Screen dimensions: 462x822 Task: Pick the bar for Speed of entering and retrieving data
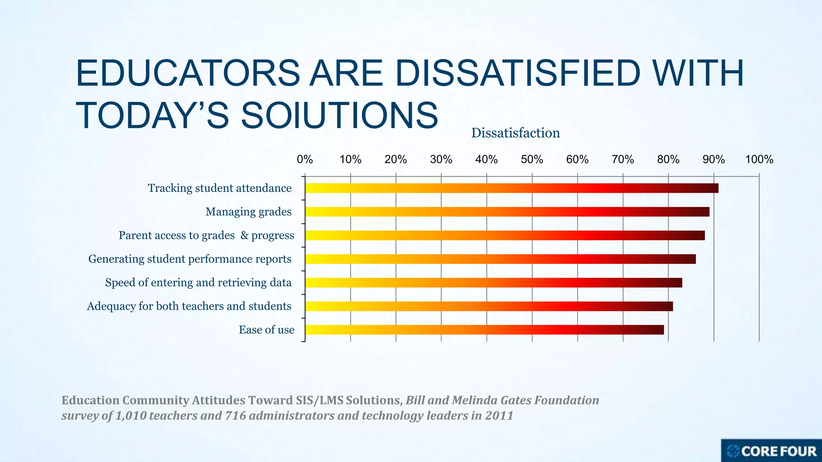coord(493,283)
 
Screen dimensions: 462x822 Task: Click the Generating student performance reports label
coord(190,259)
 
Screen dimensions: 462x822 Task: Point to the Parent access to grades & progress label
coord(206,235)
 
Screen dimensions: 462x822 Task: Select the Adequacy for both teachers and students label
coord(189,306)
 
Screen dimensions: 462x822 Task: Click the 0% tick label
coord(305,160)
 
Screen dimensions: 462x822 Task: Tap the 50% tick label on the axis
coord(532,160)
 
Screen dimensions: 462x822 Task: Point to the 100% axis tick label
coord(759,160)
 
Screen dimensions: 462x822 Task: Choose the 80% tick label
coord(668,160)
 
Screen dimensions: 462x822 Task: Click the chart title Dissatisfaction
coord(515,133)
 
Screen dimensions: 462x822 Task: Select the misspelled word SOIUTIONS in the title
coord(339,115)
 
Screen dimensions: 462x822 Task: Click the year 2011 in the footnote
coord(499,415)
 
